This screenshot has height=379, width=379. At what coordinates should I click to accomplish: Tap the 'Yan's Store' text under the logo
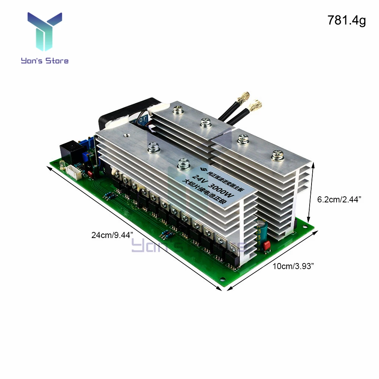pos(45,61)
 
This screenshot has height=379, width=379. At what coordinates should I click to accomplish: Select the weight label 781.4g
pos(346,21)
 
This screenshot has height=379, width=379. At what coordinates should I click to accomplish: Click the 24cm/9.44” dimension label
pos(108,235)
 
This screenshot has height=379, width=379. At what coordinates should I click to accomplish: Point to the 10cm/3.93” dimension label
pos(294,266)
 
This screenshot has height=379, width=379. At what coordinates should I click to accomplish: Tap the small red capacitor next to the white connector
pos(90,174)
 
